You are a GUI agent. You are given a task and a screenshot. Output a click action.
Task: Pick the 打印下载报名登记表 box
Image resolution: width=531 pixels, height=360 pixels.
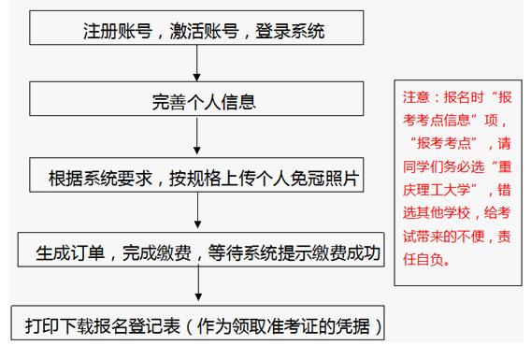click(x=197, y=327)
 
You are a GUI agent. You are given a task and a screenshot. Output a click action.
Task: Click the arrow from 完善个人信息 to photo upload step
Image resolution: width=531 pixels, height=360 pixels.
click(x=197, y=137)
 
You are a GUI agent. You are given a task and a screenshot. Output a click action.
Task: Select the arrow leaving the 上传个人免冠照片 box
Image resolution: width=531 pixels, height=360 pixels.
click(x=197, y=213)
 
